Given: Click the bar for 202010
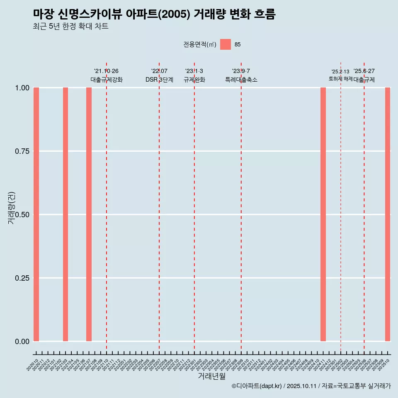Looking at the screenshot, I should point(36,214).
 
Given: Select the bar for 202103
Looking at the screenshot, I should point(66,214).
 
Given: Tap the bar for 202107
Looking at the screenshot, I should point(89,214).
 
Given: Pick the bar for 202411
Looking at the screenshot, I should point(323,214).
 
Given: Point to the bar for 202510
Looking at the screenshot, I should point(388,214).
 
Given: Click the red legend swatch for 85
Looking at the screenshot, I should point(226,44).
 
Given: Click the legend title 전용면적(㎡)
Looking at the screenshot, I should point(200,44).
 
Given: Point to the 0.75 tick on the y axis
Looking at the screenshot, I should point(22,151).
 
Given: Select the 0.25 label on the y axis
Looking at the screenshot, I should point(22,278).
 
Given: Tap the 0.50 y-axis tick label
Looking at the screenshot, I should point(22,214).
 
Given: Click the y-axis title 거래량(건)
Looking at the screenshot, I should point(12,208).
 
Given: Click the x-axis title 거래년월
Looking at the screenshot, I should point(211,376).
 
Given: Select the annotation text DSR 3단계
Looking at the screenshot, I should point(159,80).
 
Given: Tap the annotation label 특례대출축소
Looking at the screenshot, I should point(241,80).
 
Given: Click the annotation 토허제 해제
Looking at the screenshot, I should point(340,79).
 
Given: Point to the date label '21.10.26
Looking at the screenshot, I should point(106,71).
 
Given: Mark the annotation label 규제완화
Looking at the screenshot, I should point(194,80).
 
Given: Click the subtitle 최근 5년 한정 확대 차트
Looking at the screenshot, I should point(70,27).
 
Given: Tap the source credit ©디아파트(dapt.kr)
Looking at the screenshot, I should point(257,386).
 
